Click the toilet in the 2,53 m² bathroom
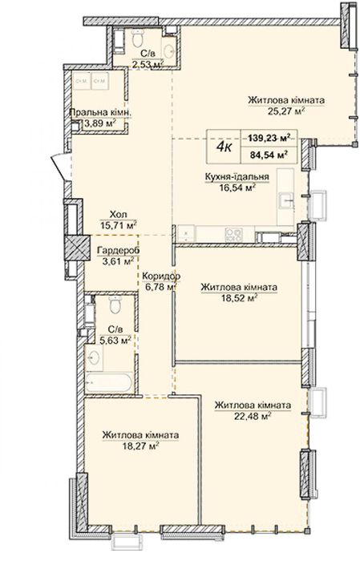[x=137, y=38]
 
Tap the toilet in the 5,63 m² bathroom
[x=115, y=305]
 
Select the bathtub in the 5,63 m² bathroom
[x=109, y=382]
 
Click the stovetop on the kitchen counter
[x=233, y=234]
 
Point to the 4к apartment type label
[x=224, y=147]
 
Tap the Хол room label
[x=118, y=215]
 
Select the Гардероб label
[x=118, y=251]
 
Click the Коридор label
[x=161, y=276]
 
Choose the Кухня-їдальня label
[x=237, y=177]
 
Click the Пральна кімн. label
[x=100, y=113]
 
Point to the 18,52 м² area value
[x=240, y=297]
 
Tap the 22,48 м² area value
[x=253, y=416]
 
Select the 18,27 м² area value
[x=140, y=446]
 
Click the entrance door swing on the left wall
[x=59, y=167]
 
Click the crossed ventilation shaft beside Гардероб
[x=77, y=248]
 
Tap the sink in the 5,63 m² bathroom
[x=95, y=357]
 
